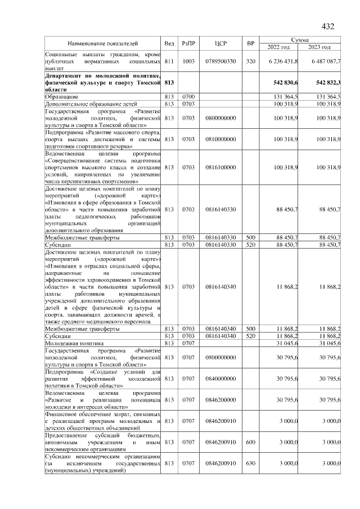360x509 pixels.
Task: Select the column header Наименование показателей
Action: (x=103, y=43)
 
